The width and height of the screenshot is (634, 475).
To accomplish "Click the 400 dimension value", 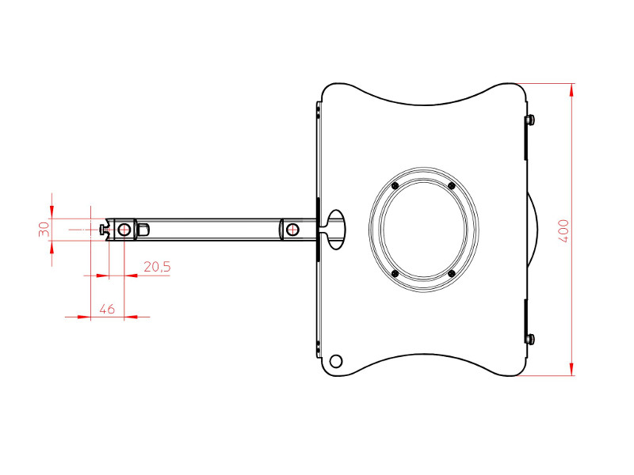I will [x=563, y=230].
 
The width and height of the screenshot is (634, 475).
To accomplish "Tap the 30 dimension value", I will [x=44, y=229].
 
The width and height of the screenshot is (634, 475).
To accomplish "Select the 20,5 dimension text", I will [x=156, y=268].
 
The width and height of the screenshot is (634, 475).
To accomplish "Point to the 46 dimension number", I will [x=107, y=309].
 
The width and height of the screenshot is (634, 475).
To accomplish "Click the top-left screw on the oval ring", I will [x=395, y=186].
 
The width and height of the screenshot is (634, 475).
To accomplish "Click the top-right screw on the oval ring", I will [x=451, y=186].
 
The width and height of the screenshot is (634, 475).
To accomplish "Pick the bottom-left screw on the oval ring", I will [x=395, y=273].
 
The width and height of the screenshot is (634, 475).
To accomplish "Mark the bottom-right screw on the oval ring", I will [x=451, y=273].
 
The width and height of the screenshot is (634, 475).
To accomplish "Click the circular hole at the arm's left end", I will [x=124, y=230].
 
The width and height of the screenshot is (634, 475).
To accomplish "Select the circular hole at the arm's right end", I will [x=293, y=230].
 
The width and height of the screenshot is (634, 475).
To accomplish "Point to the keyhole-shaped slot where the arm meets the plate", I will [x=336, y=229].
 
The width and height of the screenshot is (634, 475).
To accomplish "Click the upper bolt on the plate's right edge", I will [x=530, y=120].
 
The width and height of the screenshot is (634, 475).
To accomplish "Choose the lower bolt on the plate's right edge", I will [x=530, y=339].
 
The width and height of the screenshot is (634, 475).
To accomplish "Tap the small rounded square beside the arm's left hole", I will [x=143, y=230].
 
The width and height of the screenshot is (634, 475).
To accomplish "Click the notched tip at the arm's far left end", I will [x=105, y=230].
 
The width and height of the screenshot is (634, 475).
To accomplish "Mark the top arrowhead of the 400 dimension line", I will [x=571, y=88].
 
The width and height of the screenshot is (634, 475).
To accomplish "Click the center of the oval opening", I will [x=423, y=230].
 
